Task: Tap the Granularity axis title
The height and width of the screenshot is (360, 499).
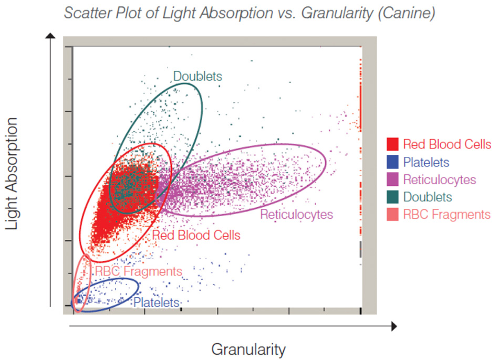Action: tap(248, 349)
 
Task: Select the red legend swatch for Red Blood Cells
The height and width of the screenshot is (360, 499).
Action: tap(392, 144)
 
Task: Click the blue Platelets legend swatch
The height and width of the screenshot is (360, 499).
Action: tap(392, 162)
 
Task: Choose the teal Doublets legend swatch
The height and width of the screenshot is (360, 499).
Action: tap(392, 197)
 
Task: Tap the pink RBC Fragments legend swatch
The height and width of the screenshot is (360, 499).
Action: tap(392, 214)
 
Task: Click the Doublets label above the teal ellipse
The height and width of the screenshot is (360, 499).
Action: tap(197, 76)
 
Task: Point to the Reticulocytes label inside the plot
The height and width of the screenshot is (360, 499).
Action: tap(297, 214)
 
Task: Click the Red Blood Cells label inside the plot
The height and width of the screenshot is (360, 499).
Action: tap(196, 235)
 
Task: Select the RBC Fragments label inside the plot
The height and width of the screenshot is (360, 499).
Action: tap(138, 271)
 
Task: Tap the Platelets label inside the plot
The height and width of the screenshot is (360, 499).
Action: tap(156, 303)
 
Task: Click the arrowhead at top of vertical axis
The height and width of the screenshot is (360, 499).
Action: tap(50, 36)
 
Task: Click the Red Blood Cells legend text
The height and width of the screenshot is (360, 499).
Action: tap(447, 144)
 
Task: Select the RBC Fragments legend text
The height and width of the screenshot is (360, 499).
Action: tap(446, 214)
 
